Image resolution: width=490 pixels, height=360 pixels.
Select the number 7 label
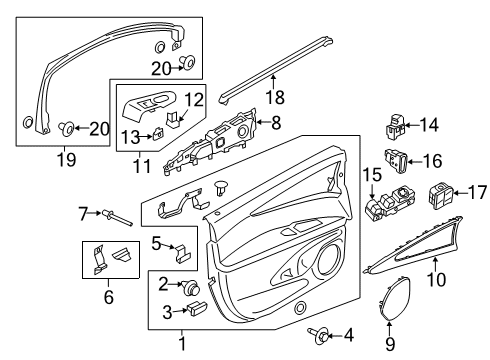84,212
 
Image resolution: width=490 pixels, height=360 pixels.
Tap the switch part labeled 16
396,158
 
